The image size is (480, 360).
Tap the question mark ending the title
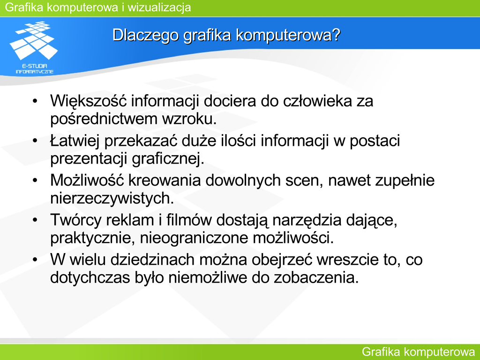pyautogui.click(x=336, y=34)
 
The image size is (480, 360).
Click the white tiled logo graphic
pyautogui.click(x=33, y=40)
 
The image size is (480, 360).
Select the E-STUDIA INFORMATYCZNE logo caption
pyautogui.click(x=35, y=68)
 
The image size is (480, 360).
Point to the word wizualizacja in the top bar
pyautogui.click(x=159, y=7)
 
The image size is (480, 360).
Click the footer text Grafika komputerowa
pyautogui.click(x=418, y=352)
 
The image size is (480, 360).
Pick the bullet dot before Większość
pyautogui.click(x=35, y=101)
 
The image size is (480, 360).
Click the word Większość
pyautogui.click(x=89, y=101)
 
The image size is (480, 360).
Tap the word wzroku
pyautogui.click(x=189, y=119)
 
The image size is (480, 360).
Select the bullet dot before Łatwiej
pyautogui.click(x=35, y=141)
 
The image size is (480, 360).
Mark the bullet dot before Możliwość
pyautogui.click(x=35, y=180)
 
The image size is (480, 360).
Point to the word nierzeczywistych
pyautogui.click(x=112, y=198)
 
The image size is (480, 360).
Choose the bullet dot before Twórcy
pyautogui.click(x=35, y=220)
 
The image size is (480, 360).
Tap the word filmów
pyautogui.click(x=189, y=220)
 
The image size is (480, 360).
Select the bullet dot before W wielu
pyautogui.click(x=35, y=260)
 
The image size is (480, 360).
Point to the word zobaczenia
pyautogui.click(x=316, y=277)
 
